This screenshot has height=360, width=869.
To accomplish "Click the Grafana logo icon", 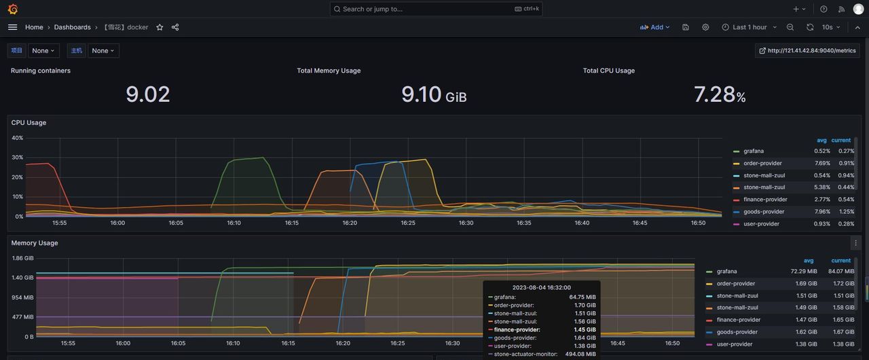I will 13,9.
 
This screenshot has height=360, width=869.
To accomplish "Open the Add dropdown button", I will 655,27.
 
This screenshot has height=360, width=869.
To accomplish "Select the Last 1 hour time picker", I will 750,27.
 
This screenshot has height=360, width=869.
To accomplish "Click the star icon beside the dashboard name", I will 160,27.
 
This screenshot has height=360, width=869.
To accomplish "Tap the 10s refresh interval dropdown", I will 831,27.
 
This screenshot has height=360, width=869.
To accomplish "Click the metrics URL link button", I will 807,50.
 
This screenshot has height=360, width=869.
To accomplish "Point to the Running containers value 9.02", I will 147,94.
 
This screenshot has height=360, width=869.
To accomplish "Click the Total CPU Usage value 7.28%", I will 720,94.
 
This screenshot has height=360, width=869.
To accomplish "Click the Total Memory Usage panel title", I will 329,71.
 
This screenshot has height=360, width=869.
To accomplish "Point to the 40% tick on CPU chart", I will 18,138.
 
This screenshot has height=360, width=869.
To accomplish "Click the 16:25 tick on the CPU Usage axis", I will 408,223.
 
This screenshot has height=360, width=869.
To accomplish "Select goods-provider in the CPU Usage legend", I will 764,212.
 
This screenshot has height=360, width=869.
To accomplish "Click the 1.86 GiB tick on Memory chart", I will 22,258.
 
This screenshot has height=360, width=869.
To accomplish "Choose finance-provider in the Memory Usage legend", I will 739,320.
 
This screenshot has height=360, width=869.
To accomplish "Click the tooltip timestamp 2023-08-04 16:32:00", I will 541,287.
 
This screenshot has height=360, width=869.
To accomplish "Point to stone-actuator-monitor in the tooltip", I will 525,354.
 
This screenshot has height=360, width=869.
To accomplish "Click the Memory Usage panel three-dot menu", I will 855,243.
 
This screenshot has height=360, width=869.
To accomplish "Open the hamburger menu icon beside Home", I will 13,27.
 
